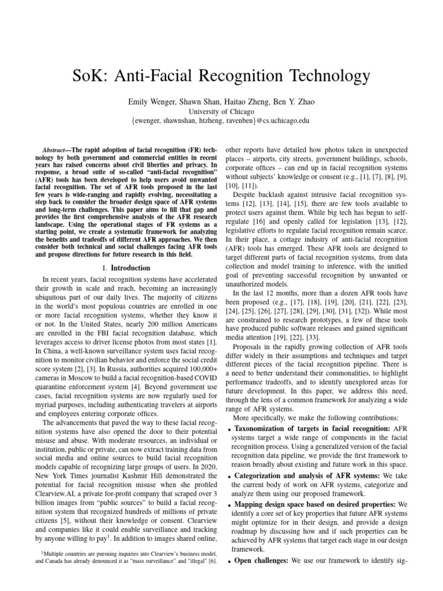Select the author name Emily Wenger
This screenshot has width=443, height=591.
(x=151, y=102)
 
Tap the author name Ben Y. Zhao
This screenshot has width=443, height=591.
(x=294, y=102)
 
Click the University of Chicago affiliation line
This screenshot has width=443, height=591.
(x=221, y=111)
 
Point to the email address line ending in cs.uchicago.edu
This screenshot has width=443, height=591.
(x=221, y=121)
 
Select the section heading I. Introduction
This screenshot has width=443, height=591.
(x=126, y=268)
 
